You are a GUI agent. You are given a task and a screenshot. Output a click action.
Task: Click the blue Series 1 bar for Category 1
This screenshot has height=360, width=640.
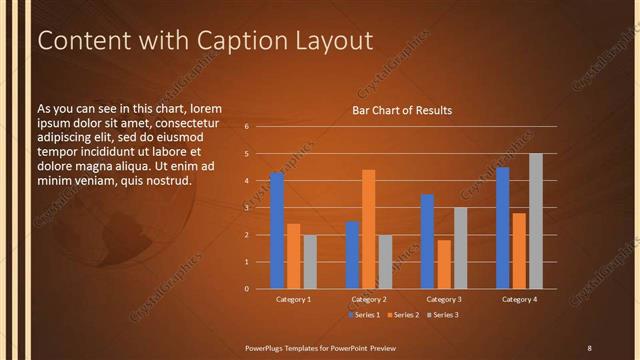point(277,230)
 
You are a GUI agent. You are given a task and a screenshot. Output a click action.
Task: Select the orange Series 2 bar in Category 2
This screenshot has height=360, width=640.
point(368,229)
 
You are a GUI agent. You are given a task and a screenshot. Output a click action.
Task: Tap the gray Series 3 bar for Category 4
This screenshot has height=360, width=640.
point(535,221)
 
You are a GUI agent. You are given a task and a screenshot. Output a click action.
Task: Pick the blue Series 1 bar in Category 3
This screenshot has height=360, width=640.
point(427,241)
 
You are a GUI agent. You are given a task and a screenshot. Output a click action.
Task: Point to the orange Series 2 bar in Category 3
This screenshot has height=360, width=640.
point(443,264)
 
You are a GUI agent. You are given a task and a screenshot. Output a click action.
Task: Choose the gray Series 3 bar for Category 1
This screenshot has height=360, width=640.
point(310,261)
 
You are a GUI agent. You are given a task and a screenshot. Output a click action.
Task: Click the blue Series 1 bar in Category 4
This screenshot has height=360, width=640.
point(502,228)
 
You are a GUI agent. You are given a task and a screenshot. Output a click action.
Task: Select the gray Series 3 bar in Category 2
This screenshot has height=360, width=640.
point(385,261)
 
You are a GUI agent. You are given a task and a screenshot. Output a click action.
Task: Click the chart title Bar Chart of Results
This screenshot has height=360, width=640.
point(402,110)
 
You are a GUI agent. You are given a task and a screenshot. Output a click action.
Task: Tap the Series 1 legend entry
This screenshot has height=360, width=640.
point(364,315)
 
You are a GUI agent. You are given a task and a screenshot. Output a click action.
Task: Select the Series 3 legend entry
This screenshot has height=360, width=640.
point(443,315)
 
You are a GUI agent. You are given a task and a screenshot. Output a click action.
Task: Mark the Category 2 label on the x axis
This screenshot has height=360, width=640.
point(369,299)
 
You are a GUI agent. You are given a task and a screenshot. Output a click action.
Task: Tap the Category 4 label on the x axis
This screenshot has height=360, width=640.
point(519,299)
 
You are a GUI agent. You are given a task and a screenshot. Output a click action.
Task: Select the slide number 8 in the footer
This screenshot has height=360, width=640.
point(589,347)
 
